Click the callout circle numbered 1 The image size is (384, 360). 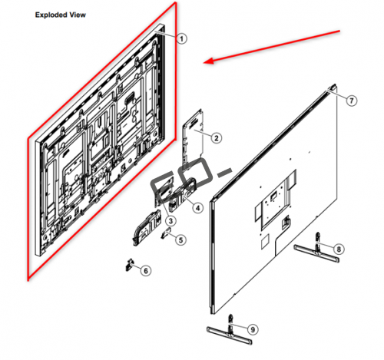coord(181,39)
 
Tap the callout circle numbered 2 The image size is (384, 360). coord(217,138)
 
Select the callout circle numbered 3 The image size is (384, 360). coord(170,220)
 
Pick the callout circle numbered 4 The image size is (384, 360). coord(197,208)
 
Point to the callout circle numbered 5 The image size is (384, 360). coord(180,240)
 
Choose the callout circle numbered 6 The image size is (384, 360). coord(146,271)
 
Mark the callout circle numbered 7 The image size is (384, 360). coord(352,101)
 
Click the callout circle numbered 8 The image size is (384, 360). coord(339,249)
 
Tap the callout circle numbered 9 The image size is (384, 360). coord(253,329)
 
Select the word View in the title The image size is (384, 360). coord(78,15)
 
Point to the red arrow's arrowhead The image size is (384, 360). coord(210,61)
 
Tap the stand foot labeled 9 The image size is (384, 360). coord(230,332)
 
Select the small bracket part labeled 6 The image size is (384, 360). coord(130,264)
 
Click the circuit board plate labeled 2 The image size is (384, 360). coord(193,140)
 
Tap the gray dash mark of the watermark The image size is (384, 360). coord(224,173)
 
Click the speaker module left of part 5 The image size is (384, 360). coord(147,227)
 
